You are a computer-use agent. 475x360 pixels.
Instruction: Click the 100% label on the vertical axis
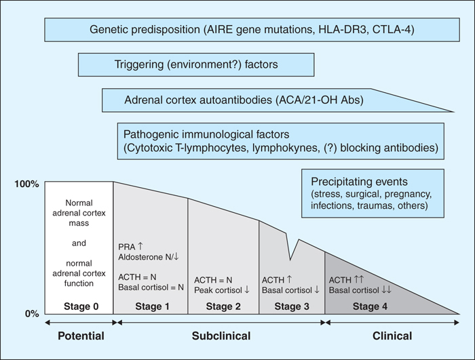point(26,184)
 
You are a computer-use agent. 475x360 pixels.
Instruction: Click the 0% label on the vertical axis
point(32,314)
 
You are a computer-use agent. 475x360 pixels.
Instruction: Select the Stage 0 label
point(81,306)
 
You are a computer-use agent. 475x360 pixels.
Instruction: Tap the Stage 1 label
point(152,306)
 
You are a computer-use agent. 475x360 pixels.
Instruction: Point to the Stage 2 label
point(223,306)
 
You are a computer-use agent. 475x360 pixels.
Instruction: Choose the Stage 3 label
point(292,306)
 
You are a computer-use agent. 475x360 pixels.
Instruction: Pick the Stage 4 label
point(370,306)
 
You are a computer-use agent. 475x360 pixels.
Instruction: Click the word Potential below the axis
point(81,336)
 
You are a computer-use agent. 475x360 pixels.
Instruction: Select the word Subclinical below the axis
point(221,336)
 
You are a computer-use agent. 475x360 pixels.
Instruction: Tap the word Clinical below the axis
point(392,336)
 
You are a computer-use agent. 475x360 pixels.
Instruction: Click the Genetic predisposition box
point(252,30)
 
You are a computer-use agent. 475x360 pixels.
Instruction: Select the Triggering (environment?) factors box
point(196,64)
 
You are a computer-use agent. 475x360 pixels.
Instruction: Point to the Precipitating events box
point(373,193)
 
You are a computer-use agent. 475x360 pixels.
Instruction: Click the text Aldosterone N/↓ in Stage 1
point(149,257)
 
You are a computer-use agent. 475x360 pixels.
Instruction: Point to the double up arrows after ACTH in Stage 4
point(358,279)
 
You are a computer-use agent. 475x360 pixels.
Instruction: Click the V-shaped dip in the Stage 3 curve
point(290,260)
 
